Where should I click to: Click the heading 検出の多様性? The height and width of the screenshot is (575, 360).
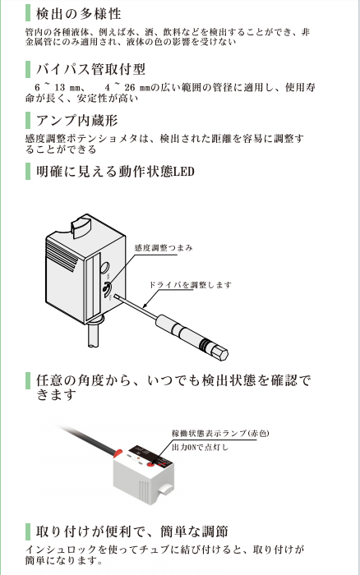tap(78, 14)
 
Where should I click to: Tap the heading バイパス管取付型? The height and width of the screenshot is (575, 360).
tap(90, 69)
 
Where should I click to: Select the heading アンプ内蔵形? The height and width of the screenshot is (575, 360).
tap(76, 120)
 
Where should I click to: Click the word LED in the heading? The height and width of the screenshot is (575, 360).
tap(183, 171)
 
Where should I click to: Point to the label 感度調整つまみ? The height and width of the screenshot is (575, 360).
tap(164, 248)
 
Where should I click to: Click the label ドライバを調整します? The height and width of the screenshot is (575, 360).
tap(190, 285)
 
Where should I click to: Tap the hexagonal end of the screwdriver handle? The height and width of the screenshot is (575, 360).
tap(220, 352)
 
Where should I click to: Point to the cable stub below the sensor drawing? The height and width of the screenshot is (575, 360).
tap(94, 335)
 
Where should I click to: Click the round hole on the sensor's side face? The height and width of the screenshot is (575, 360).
tap(105, 268)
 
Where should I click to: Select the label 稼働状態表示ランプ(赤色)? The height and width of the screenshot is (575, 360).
tap(220, 434)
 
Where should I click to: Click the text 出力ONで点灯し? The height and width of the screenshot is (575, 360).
tap(200, 448)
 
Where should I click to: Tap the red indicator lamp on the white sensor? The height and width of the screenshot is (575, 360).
tap(151, 464)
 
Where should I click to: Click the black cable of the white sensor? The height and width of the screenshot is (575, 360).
tap(88, 439)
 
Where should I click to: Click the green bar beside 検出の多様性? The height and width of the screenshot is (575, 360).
tap(28, 13)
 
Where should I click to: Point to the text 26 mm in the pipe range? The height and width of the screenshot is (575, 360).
tap(137, 88)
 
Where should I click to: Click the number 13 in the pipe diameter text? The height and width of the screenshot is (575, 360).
tap(59, 88)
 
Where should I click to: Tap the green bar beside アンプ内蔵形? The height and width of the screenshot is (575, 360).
tap(28, 120)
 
